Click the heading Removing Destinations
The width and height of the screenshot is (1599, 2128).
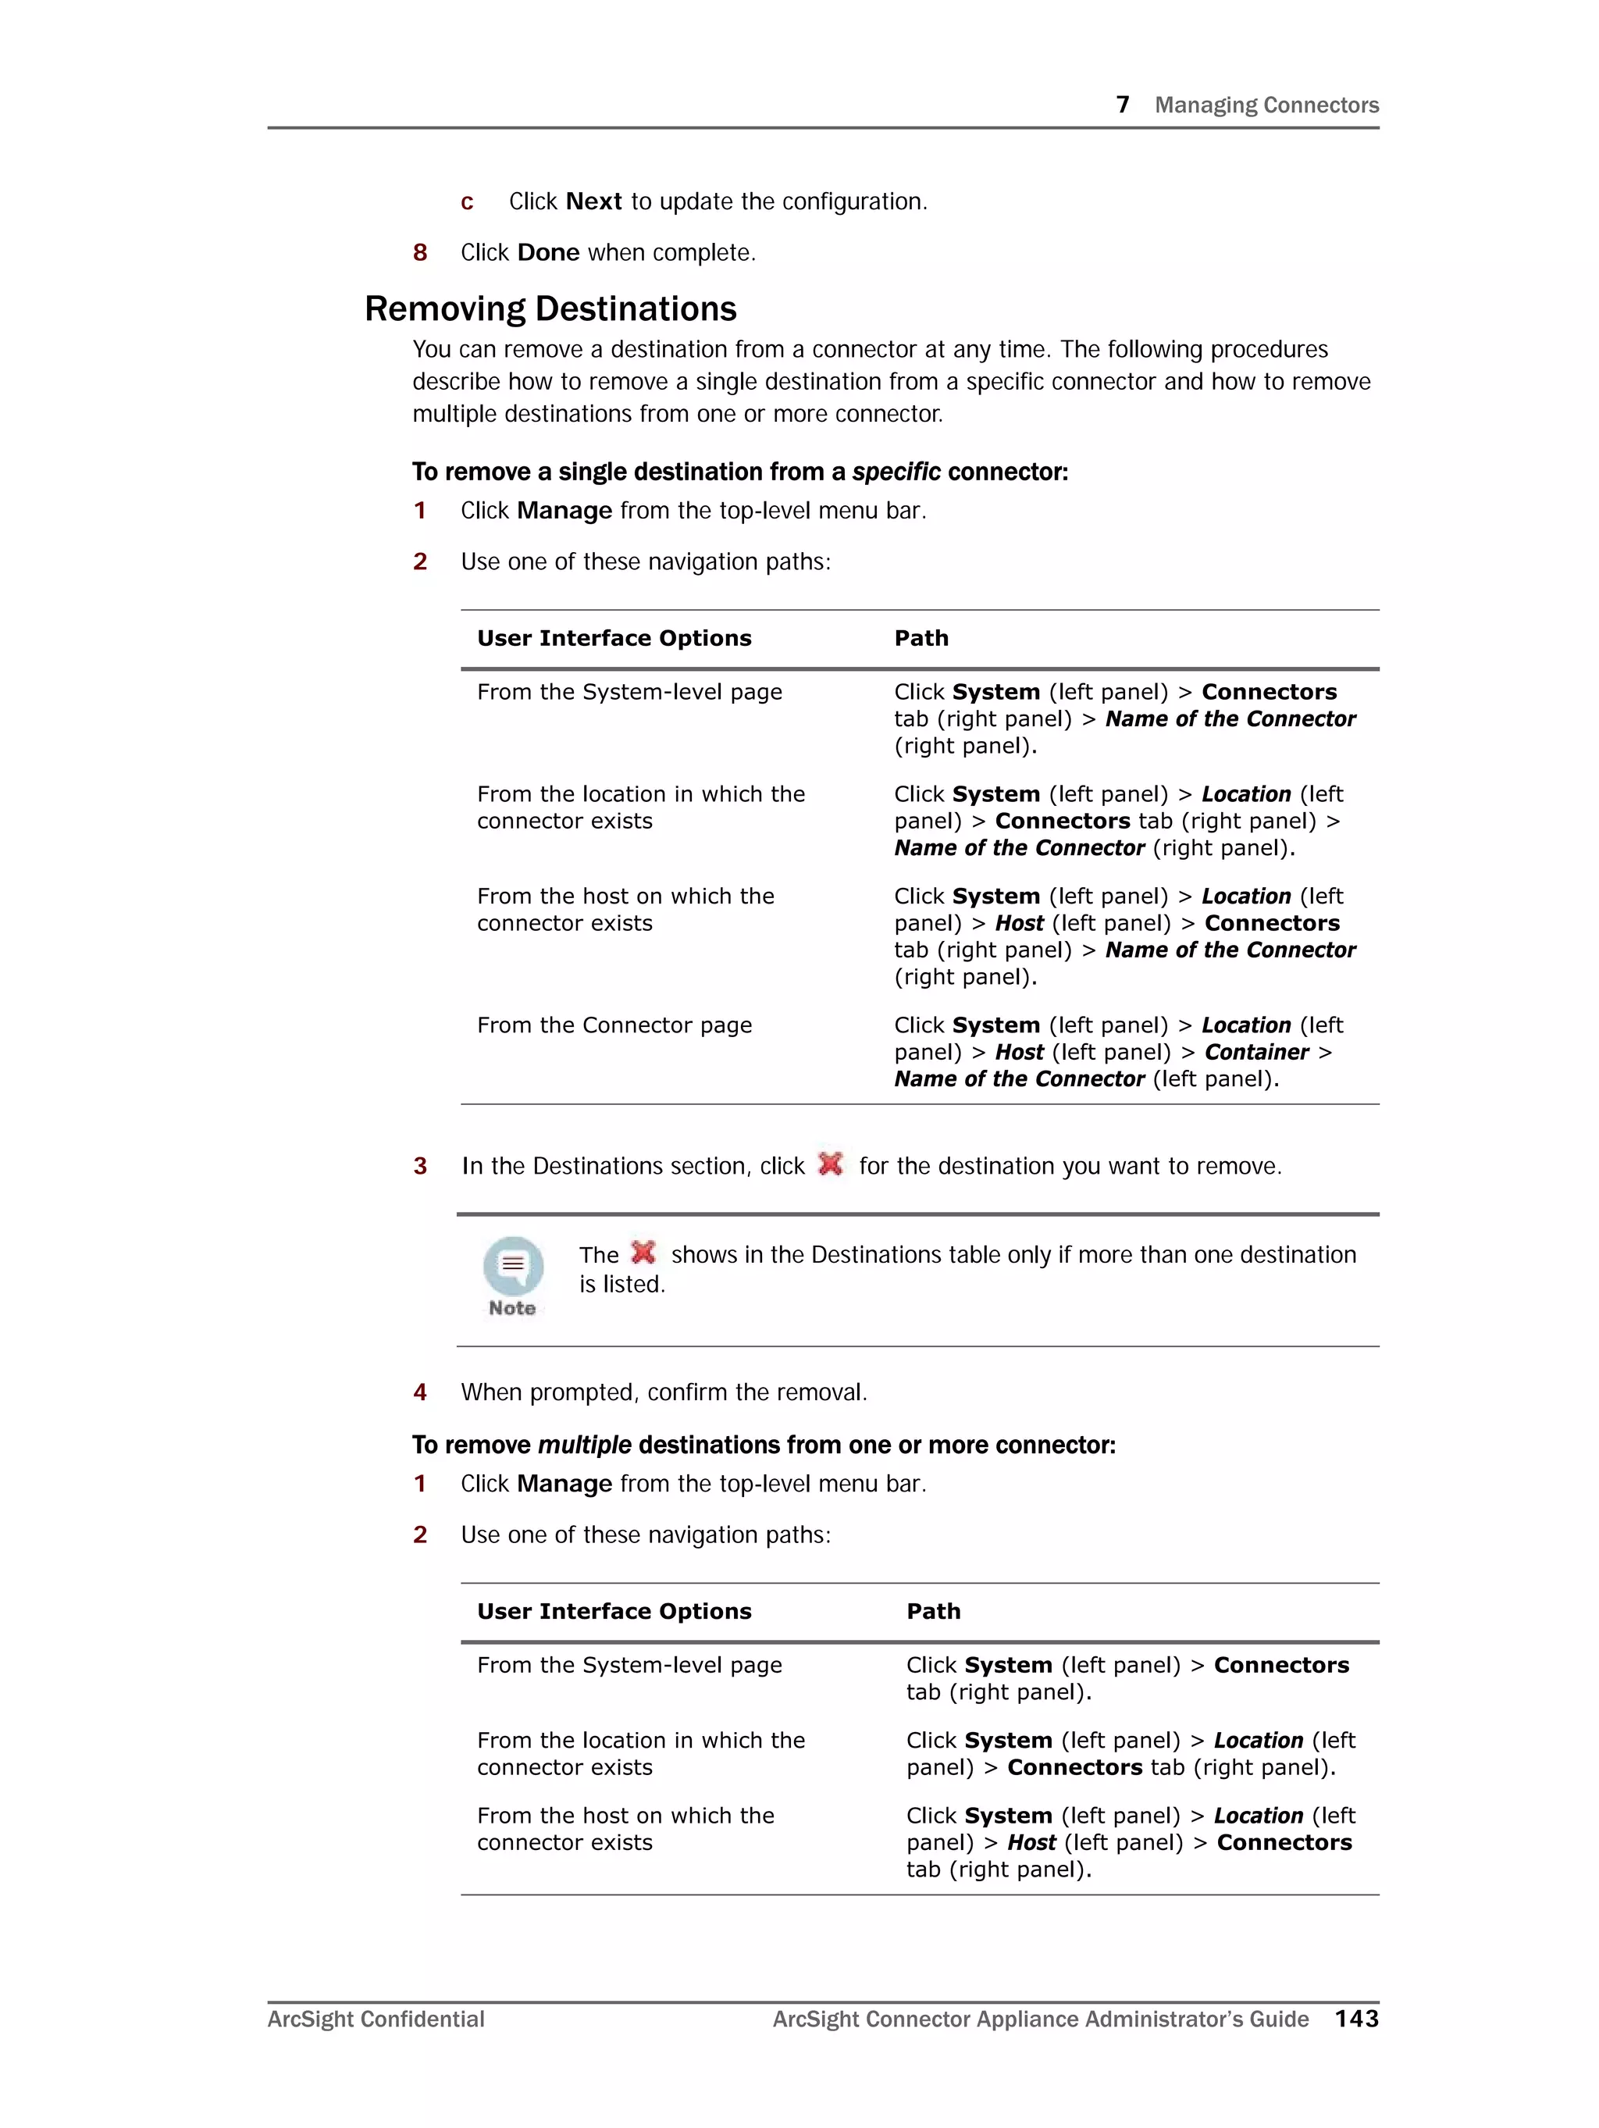coord(550,308)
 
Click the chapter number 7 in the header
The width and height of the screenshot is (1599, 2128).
coord(1122,105)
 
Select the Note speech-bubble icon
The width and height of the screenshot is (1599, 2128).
coord(513,1266)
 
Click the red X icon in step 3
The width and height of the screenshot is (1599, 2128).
coord(830,1164)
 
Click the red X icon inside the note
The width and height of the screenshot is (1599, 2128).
coord(643,1253)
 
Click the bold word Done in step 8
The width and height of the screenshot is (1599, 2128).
coord(548,252)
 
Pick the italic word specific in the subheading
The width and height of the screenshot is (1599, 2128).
coord(896,472)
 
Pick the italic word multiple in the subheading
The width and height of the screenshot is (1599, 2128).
coord(584,1445)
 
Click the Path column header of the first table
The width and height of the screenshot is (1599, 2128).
coord(921,638)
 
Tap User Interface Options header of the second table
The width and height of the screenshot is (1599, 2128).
coord(614,1611)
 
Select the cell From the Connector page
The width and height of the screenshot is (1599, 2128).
coord(614,1025)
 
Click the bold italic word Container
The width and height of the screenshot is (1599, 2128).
coord(1255,1053)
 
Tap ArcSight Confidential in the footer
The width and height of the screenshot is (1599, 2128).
coord(376,2019)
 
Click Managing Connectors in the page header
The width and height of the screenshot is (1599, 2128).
coord(1266,105)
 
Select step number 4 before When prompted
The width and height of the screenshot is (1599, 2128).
coord(419,1392)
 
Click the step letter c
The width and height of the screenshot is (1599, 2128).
coord(467,202)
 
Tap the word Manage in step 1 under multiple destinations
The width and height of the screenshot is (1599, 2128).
coord(564,1484)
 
